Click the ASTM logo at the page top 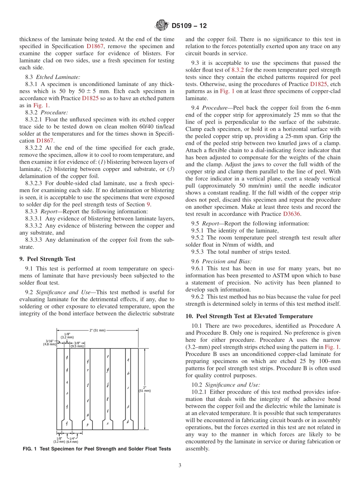click(x=162, y=26)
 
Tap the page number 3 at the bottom click(x=180, y=465)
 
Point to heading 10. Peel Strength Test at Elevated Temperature click(x=249, y=316)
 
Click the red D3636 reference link click(x=292, y=214)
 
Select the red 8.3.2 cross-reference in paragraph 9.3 click(x=238, y=70)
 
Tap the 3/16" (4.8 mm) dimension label click(x=50, y=343)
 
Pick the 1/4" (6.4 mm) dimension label click(x=72, y=440)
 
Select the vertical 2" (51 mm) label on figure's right click(x=145, y=388)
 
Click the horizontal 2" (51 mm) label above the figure click(x=98, y=330)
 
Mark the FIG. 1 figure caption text click(x=97, y=449)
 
